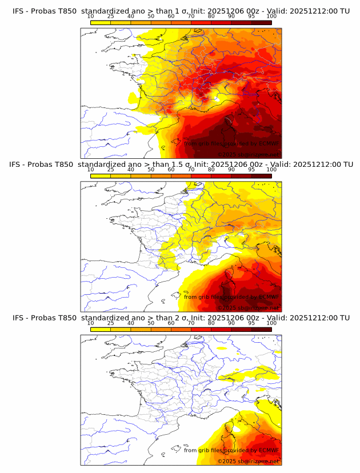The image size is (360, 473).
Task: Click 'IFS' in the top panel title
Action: coord(18,11)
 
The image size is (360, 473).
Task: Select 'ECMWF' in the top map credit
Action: coord(269,143)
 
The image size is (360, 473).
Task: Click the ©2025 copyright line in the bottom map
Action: coord(248,461)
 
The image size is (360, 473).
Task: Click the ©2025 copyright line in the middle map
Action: coord(248,307)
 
